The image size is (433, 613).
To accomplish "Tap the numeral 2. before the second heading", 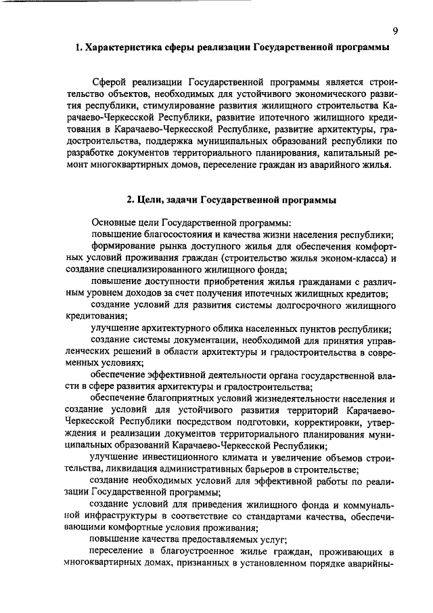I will tap(131, 200).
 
